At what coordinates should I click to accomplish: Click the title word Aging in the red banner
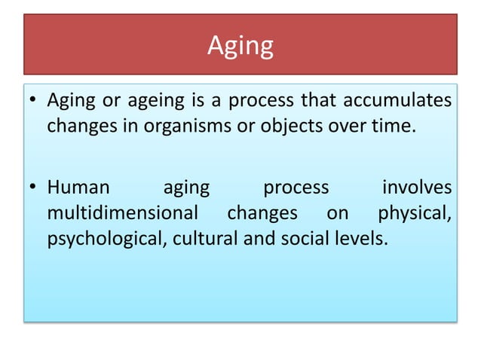click(x=240, y=47)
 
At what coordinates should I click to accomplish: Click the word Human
click(x=78, y=187)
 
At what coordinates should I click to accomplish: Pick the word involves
click(x=417, y=187)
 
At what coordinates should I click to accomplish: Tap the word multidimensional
click(x=122, y=213)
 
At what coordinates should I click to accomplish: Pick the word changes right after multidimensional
click(x=262, y=213)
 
